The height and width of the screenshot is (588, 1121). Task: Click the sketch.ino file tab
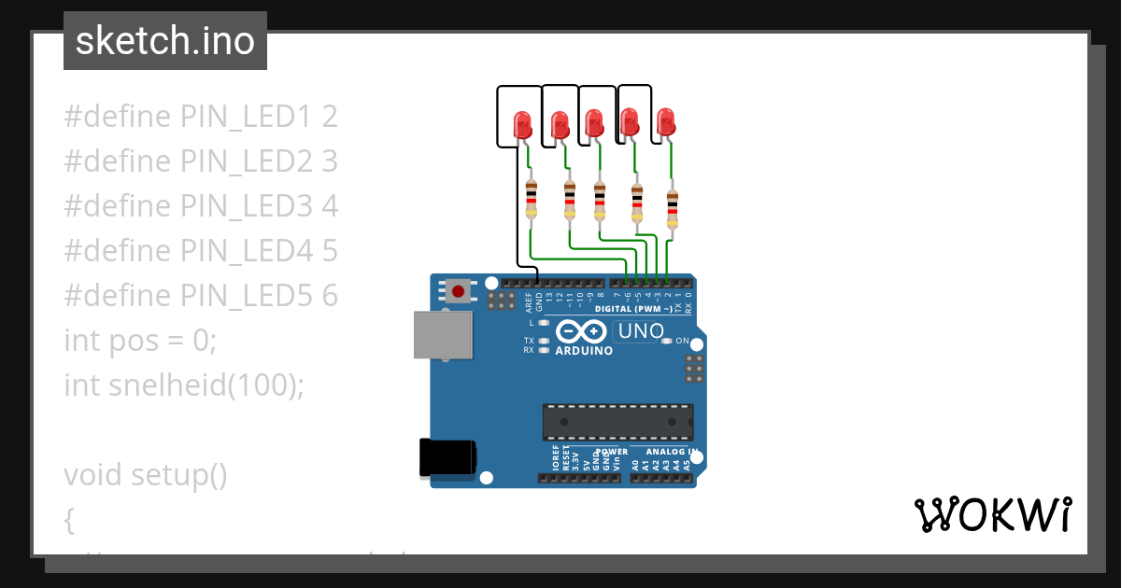165,41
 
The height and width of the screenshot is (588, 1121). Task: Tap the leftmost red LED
522,124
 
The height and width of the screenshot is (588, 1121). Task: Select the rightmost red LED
665,121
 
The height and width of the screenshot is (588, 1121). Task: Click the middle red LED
594,122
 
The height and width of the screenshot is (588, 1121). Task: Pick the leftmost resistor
532,199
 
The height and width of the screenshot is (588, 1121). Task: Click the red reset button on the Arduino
458,291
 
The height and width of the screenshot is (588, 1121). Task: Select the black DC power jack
447,457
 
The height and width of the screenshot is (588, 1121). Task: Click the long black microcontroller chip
617,422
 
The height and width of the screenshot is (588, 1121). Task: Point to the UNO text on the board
641,330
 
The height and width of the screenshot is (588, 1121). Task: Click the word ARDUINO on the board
584,351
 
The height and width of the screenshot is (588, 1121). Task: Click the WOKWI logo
992,514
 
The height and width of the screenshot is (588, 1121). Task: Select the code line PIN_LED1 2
201,117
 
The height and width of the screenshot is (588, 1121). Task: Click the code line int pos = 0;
140,340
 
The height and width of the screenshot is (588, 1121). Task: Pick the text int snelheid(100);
184,385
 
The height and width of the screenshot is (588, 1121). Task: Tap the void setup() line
146,474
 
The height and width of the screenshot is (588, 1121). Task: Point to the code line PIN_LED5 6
201,295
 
